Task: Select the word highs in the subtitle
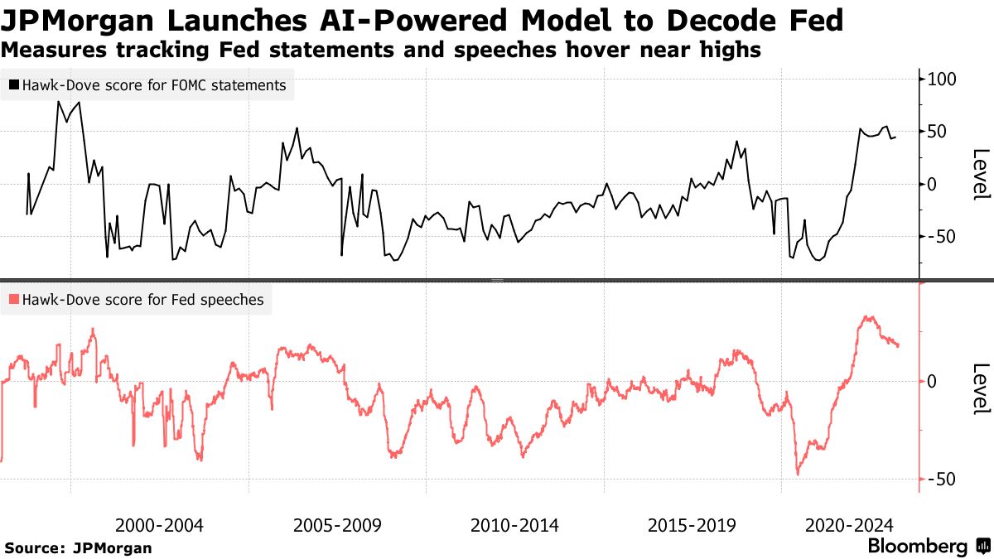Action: tap(730, 51)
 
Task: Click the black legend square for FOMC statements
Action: tap(13, 84)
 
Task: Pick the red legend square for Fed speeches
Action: tap(13, 300)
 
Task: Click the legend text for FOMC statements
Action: tap(155, 84)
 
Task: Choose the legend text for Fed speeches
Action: tap(143, 300)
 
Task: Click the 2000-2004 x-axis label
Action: tap(159, 525)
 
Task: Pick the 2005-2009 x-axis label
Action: tap(337, 525)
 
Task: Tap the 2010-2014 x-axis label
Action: tap(514, 525)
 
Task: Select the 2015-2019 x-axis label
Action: tap(692, 525)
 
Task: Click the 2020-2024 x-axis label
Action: tap(848, 525)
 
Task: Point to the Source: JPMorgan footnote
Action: tap(79, 547)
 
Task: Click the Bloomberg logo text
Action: tap(918, 547)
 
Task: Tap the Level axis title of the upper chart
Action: tap(981, 174)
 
